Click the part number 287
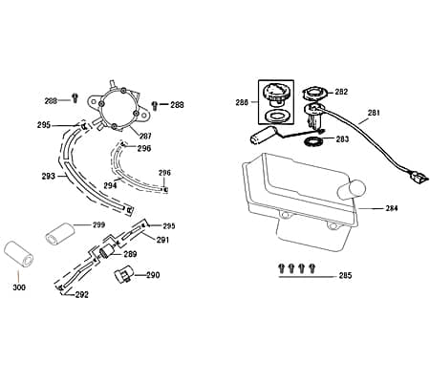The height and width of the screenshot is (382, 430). tap(145, 136)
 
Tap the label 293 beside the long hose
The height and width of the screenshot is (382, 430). tap(49, 176)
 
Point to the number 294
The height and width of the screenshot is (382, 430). tap(110, 185)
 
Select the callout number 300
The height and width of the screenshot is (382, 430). tap(19, 287)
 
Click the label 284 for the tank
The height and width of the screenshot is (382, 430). tap(392, 208)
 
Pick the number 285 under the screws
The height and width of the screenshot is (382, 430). tap(346, 275)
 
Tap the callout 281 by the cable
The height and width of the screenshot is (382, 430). tap(374, 113)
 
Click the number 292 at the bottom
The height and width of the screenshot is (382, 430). tap(82, 295)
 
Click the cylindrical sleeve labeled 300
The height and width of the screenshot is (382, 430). tap(19, 255)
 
